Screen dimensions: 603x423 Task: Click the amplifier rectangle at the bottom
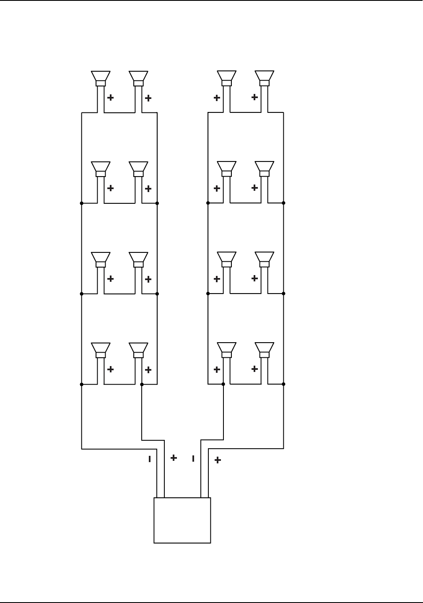point(182,520)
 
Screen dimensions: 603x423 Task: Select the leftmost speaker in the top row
point(101,78)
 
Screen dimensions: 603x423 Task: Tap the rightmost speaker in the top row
point(265,78)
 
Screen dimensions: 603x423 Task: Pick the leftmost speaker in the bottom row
point(101,349)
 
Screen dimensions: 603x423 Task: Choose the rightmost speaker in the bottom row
point(265,349)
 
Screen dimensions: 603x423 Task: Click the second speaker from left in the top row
point(138,78)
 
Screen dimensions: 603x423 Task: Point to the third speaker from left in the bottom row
point(226,349)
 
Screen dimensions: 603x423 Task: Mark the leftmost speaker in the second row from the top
point(101,168)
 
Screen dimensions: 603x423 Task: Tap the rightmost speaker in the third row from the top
point(265,259)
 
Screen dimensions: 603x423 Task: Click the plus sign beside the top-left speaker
point(111,98)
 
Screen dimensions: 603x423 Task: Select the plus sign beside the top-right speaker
point(254,97)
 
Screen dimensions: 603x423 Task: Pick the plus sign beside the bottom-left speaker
point(111,369)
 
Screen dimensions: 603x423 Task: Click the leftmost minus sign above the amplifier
point(149,459)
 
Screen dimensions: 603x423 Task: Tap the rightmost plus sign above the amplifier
point(218,460)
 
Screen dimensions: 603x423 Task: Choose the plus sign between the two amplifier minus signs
point(174,458)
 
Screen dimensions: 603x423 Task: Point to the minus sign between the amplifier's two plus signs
point(193,459)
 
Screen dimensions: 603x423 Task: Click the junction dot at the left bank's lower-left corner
point(82,384)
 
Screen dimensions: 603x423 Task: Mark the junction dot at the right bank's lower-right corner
point(284,384)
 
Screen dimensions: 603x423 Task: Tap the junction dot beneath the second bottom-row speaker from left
point(142,384)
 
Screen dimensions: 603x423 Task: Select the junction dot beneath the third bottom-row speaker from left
point(223,384)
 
